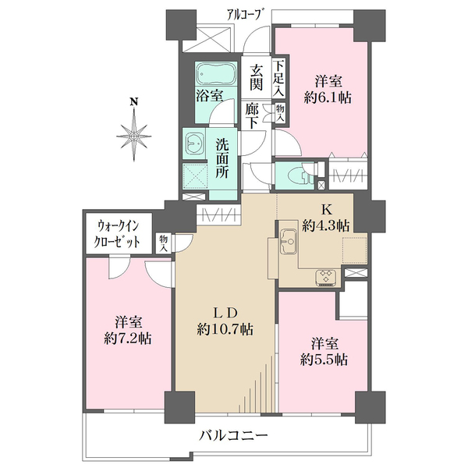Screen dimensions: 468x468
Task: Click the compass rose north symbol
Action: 135,136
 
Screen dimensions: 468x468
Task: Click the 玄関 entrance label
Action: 255,76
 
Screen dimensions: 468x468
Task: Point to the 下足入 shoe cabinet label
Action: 279,77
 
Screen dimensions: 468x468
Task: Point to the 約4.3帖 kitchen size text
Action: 327,225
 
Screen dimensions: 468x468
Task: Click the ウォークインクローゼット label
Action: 119,232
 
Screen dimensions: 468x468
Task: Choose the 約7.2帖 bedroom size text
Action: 128,339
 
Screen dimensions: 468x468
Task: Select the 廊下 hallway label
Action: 253,117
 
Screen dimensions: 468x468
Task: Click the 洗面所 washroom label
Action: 222,158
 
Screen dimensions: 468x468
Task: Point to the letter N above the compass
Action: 134,101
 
